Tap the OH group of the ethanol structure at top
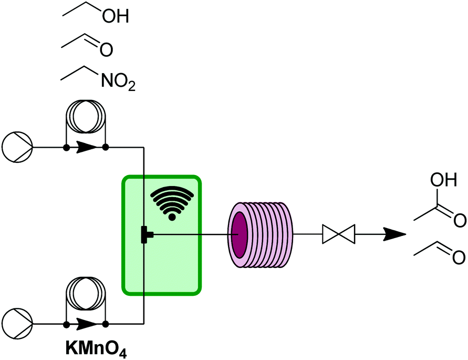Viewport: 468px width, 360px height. [x=115, y=17]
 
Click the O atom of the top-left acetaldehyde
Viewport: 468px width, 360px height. [x=106, y=50]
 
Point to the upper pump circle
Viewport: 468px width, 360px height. [x=18, y=147]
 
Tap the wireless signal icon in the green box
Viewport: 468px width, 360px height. [x=171, y=204]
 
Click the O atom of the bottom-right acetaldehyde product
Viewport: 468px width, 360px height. [x=457, y=258]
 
